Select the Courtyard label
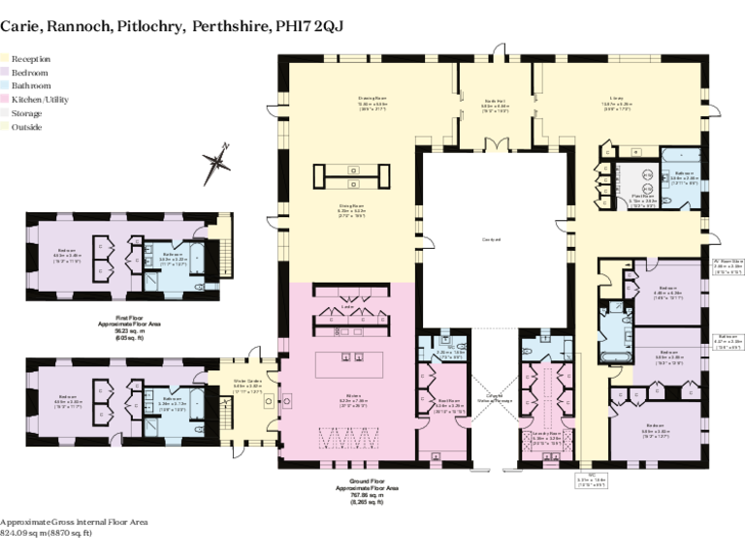[491, 239]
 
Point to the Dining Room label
[351, 208]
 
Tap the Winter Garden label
[247, 384]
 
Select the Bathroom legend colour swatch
[5, 86]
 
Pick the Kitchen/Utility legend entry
[39, 100]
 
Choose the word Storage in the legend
[26, 113]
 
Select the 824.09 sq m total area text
[46, 533]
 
